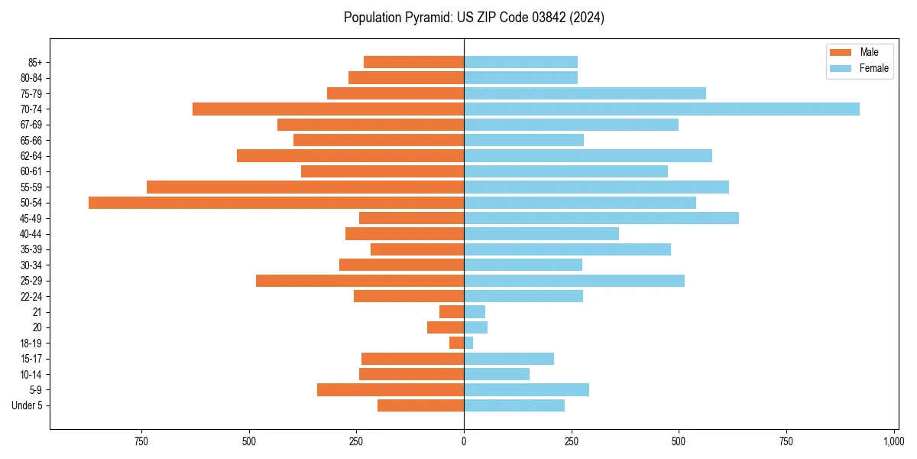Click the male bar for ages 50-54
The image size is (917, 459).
(276, 203)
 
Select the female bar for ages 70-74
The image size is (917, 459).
(661, 109)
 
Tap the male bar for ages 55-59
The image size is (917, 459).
(305, 187)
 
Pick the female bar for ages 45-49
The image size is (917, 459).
(601, 218)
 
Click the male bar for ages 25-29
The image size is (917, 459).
(360, 281)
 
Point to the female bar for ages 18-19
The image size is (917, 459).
(468, 343)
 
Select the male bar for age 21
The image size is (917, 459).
(452, 312)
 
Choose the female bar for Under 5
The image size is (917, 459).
(514, 405)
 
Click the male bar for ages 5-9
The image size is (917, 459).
(390, 390)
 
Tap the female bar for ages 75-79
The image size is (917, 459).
(585, 93)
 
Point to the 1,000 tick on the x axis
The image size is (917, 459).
(893, 441)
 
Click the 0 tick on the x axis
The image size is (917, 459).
(464, 441)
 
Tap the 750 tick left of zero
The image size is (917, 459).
(141, 441)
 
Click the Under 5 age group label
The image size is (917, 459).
(27, 405)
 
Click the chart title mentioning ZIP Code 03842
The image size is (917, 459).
(474, 18)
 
